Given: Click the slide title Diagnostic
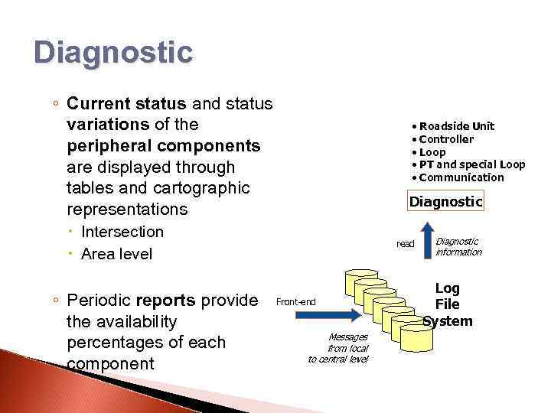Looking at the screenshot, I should (x=113, y=53).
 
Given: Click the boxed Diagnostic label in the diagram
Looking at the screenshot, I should (x=445, y=202).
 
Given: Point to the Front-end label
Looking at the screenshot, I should (x=295, y=301).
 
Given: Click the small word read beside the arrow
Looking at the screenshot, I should (x=405, y=244).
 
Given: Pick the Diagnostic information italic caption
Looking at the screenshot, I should (x=458, y=246).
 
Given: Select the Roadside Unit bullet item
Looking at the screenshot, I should (x=456, y=126).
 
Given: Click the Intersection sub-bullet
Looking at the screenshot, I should (x=122, y=232).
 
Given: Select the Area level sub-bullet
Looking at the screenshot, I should (x=116, y=253).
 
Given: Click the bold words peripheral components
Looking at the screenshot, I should (x=164, y=145).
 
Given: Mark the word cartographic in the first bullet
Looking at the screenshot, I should (x=202, y=188).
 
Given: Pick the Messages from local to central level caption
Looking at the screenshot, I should (x=337, y=348).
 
